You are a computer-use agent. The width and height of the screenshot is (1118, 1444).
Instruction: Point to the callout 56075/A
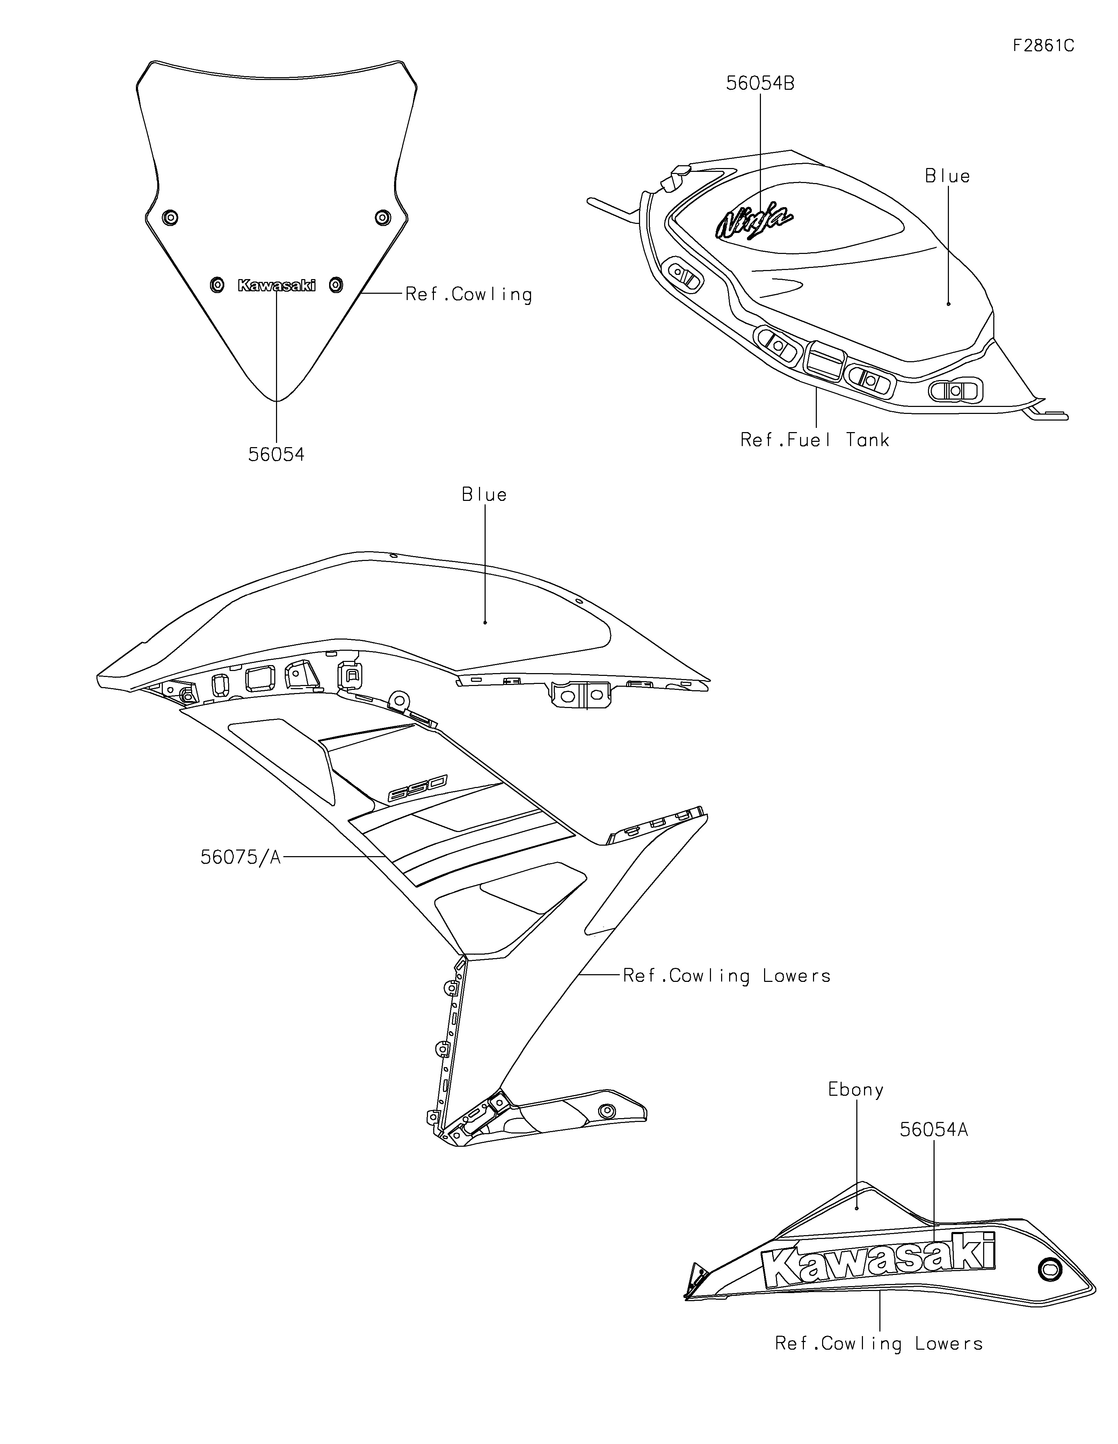point(241,858)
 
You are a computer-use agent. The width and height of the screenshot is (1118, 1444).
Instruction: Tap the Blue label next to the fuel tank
point(948,176)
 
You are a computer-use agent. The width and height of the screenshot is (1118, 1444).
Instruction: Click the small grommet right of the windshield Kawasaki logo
point(336,285)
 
